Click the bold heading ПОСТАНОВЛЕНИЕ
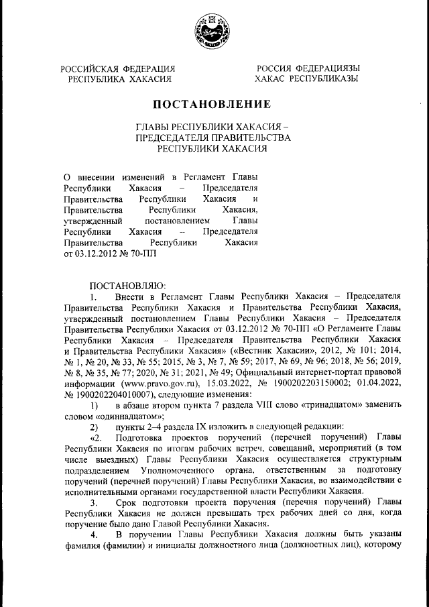click(x=212, y=104)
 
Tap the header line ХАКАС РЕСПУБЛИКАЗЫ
click(x=306, y=78)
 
